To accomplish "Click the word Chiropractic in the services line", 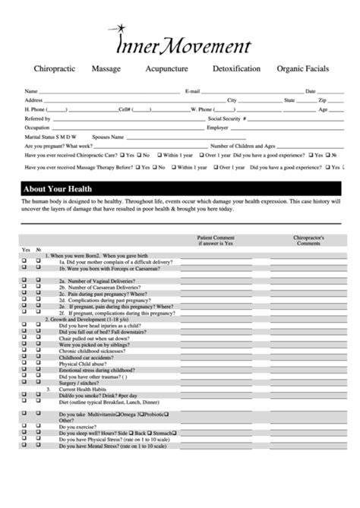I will click(55, 68).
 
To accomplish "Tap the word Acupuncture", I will click(167, 68).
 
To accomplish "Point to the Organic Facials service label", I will click(303, 68).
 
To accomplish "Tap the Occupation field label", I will click(39, 128).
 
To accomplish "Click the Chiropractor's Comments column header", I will click(309, 240).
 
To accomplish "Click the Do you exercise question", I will click(83, 426).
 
